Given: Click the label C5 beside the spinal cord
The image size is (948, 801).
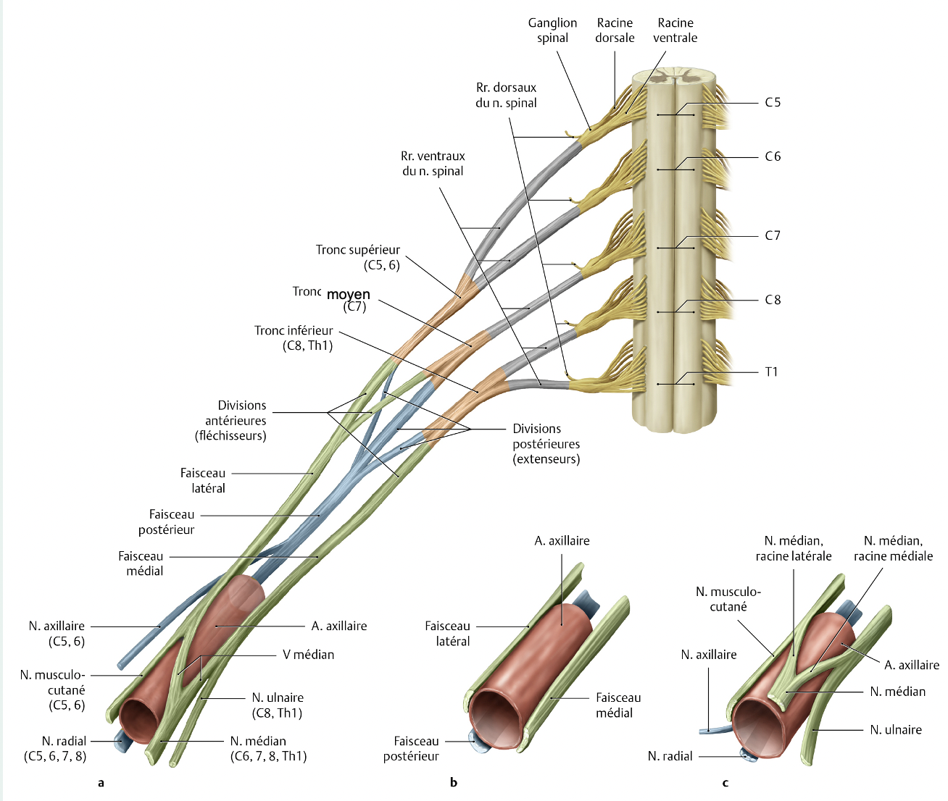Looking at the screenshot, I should pyautogui.click(x=773, y=103).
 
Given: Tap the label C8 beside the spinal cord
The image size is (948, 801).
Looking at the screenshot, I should pyautogui.click(x=773, y=300).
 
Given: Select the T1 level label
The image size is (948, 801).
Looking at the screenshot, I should pyautogui.click(x=771, y=372).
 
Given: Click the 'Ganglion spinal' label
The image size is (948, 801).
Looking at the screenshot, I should pyautogui.click(x=552, y=30).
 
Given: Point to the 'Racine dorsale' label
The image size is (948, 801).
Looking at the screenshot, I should pyautogui.click(x=615, y=30).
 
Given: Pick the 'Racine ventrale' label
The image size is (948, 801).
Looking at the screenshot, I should pyautogui.click(x=675, y=30).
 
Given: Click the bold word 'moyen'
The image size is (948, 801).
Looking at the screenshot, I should pyautogui.click(x=349, y=294).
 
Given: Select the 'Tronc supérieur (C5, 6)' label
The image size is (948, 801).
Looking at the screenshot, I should pyautogui.click(x=358, y=257).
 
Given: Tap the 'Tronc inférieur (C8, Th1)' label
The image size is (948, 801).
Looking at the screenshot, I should pyautogui.click(x=294, y=337).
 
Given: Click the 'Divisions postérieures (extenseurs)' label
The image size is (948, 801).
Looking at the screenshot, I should pyautogui.click(x=546, y=443).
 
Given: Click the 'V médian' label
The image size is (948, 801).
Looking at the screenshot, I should pyautogui.click(x=308, y=655).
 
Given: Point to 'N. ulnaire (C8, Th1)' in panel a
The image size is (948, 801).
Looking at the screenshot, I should pyautogui.click(x=278, y=705).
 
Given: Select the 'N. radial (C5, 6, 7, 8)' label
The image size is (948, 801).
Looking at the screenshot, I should pyautogui.click(x=56, y=748).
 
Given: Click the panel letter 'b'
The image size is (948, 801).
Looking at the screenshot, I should pyautogui.click(x=454, y=782).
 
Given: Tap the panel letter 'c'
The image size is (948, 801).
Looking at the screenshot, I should pyautogui.click(x=725, y=782).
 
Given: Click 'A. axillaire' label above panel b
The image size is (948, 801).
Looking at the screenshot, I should pyautogui.click(x=562, y=541).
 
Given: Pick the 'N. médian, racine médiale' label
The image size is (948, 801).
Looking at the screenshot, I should pyautogui.click(x=893, y=548).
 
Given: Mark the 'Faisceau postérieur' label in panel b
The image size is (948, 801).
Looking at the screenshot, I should pyautogui.click(x=412, y=748).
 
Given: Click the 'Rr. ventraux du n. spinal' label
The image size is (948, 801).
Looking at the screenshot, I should pyautogui.click(x=433, y=164).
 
